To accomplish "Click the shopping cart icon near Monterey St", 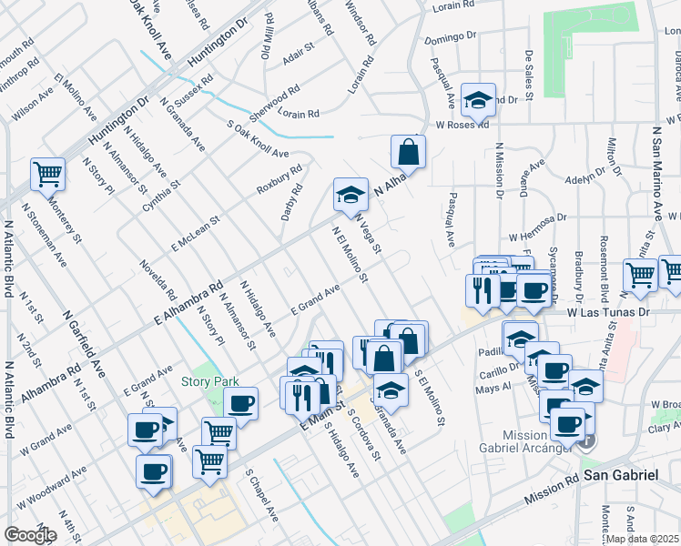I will coord(46,172).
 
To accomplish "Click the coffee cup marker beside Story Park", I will coord(241,403).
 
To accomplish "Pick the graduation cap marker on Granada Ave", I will coord(391,389).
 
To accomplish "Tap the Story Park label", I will coord(203,381).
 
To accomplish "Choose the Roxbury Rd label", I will coord(279,178).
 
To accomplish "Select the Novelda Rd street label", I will coord(158,280).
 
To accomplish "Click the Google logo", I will coord(30,535).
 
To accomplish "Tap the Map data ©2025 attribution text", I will coord(642,539).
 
